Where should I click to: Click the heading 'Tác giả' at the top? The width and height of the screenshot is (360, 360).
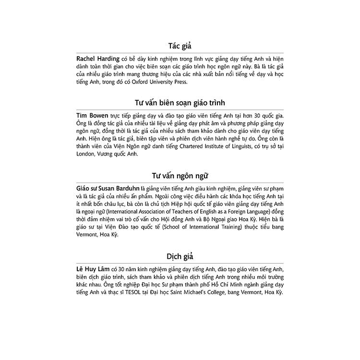click(x=180, y=46)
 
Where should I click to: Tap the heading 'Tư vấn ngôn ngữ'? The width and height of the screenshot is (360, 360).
click(x=180, y=175)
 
